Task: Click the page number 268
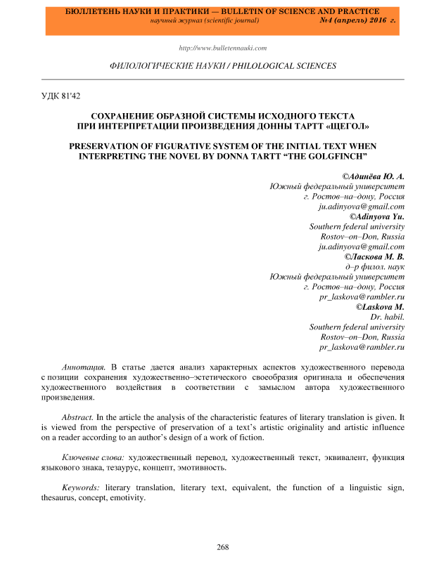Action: pos(223,546)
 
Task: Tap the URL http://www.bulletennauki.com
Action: pos(223,48)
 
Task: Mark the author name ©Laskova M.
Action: pos(380,307)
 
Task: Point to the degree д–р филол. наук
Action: pos(374,267)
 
